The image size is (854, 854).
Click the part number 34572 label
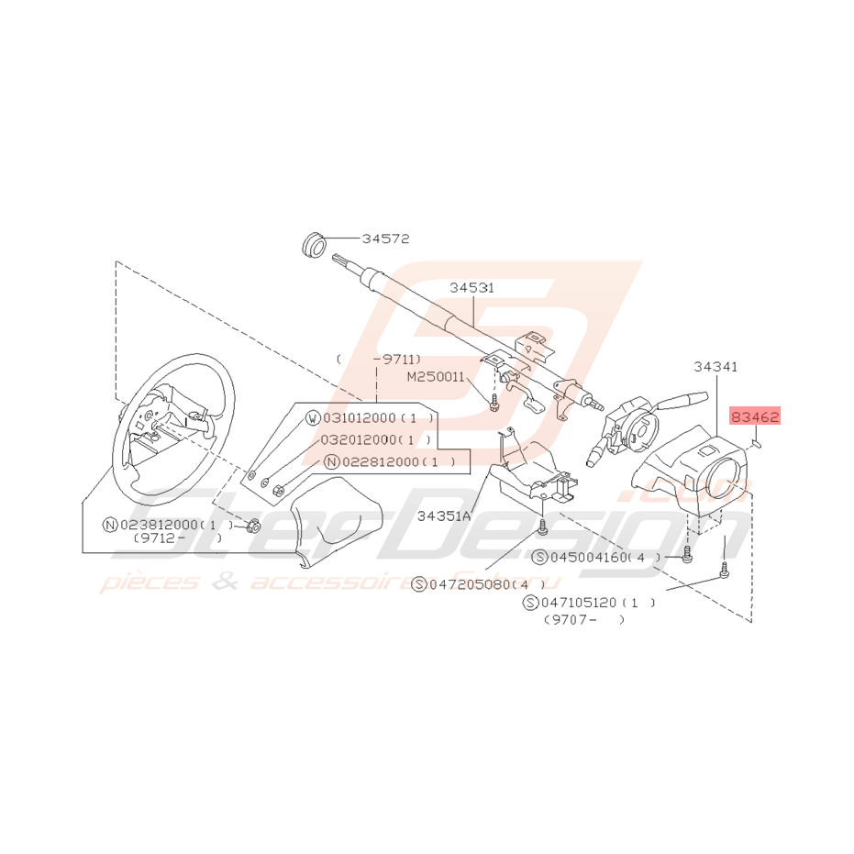pos(384,238)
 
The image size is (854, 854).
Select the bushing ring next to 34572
pos(314,245)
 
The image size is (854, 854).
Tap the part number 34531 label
pos(471,287)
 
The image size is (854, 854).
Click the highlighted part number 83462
pos(755,417)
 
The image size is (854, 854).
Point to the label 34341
pos(715,366)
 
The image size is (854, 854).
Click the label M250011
pos(437,377)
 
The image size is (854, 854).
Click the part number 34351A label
pos(444,516)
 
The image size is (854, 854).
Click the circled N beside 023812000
pos(110,525)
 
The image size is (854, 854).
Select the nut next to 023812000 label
pos(254,527)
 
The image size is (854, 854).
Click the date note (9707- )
pos(583,620)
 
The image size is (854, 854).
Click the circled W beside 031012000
pos(313,418)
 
